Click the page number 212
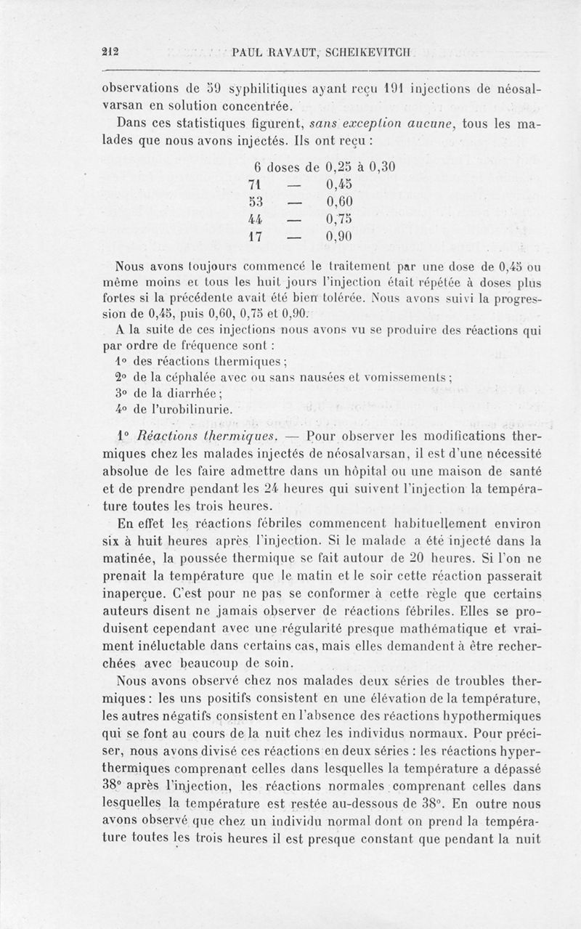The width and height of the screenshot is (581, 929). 111,52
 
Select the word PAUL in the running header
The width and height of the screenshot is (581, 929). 248,52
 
